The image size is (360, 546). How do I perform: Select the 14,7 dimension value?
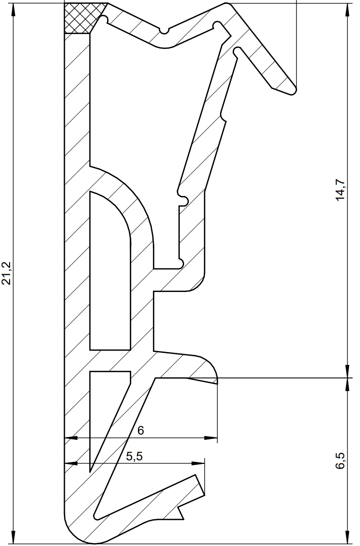(340, 192)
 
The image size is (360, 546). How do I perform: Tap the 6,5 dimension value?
(340, 461)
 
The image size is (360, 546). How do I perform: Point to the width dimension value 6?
(140, 431)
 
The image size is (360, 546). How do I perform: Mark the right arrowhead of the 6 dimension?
(211, 438)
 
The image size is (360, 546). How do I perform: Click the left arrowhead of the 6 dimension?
(70, 438)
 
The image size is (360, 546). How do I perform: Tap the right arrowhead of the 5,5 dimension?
(199, 464)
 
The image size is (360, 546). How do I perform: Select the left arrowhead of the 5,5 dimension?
(70, 464)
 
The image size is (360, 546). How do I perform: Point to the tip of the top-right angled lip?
(291, 90)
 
